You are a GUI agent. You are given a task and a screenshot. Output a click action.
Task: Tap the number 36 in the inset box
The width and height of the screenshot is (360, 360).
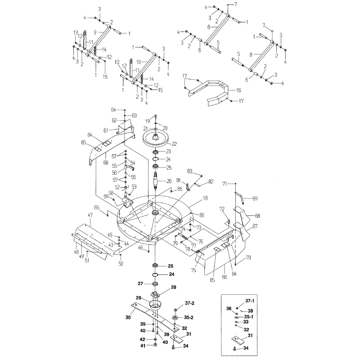pos(229,308)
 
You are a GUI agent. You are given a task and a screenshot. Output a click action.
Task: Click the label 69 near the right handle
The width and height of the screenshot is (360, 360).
pos(255,198)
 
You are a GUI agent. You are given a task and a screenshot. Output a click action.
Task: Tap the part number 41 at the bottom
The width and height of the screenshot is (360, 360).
pos(142,345)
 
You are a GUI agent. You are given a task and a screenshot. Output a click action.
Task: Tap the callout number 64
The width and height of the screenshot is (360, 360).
pos(113,110)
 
